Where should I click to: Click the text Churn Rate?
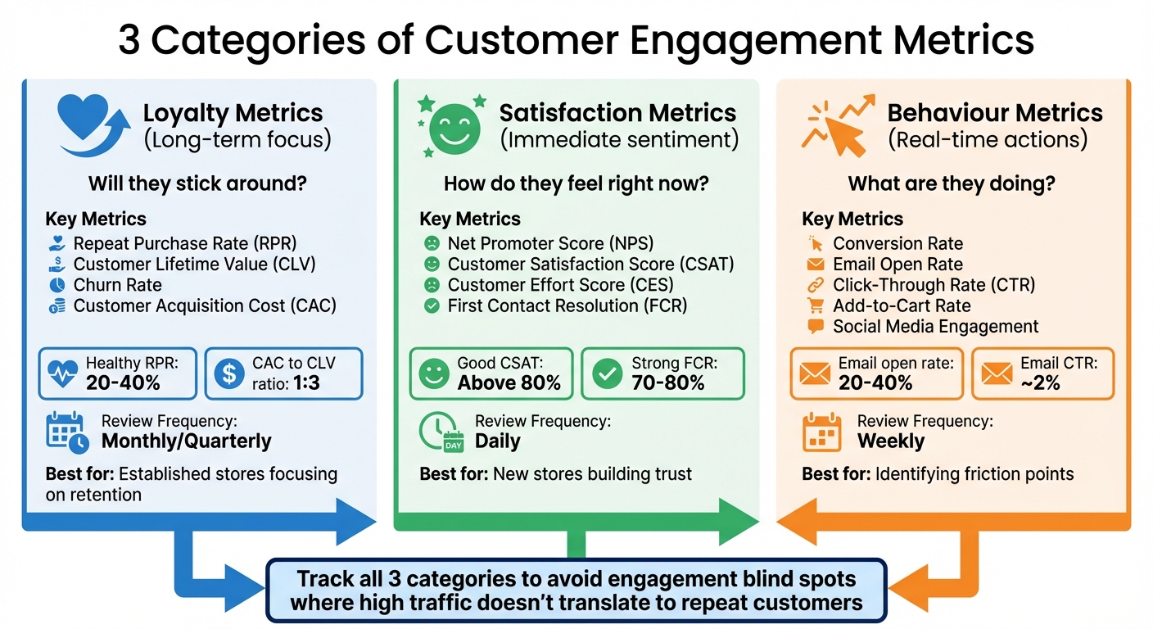tap(117, 285)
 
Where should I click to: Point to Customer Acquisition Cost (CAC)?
tap(205, 306)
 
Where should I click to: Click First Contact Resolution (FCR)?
tap(567, 306)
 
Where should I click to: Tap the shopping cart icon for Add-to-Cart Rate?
tap(815, 305)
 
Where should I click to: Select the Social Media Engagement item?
tap(935, 327)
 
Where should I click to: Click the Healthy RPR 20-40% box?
tap(118, 373)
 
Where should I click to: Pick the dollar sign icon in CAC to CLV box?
tap(228, 373)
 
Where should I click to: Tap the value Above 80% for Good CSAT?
tap(509, 382)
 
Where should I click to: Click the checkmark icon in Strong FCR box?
tap(608, 373)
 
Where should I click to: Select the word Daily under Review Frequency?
tap(497, 441)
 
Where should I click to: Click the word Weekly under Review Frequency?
tap(890, 441)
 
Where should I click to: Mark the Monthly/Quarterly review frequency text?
tap(186, 441)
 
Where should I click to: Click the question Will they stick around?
tap(197, 183)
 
